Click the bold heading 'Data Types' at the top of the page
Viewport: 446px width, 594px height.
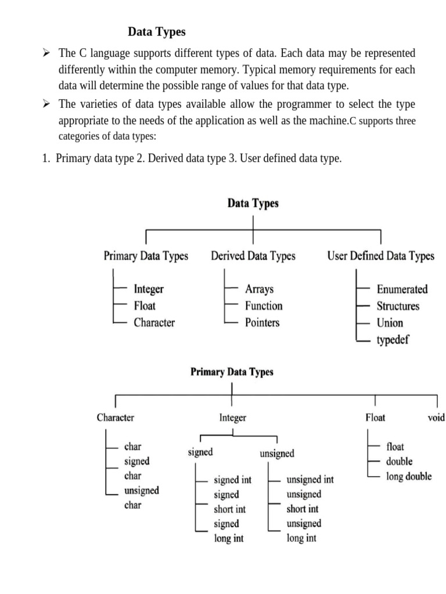click(x=156, y=32)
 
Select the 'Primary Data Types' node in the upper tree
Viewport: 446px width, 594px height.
click(x=146, y=256)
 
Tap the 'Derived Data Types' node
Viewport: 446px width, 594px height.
click(x=253, y=256)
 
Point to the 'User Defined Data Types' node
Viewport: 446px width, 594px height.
click(x=380, y=256)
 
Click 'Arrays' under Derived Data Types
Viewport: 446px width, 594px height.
click(x=259, y=289)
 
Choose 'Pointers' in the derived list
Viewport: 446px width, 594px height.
click(x=262, y=323)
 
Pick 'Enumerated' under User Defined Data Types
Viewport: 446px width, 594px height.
click(x=402, y=289)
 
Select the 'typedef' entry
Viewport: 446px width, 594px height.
click(x=393, y=340)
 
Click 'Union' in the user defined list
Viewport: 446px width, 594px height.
click(x=390, y=323)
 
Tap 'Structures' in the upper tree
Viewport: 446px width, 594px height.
click(x=398, y=306)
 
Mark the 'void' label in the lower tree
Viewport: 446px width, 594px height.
click(x=436, y=417)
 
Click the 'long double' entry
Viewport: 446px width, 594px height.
click(x=409, y=476)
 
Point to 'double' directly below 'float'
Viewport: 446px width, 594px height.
click(x=399, y=462)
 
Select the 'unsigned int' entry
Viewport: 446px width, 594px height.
click(x=310, y=480)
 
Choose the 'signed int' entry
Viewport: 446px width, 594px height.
click(x=232, y=480)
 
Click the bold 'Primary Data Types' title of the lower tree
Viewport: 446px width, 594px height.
click(x=232, y=372)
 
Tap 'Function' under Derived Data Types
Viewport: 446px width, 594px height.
click(x=264, y=306)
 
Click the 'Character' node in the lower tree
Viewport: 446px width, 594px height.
click(x=116, y=417)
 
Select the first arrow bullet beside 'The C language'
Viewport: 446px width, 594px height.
click(x=46, y=53)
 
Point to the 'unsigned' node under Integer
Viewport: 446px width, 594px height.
click(x=277, y=454)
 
